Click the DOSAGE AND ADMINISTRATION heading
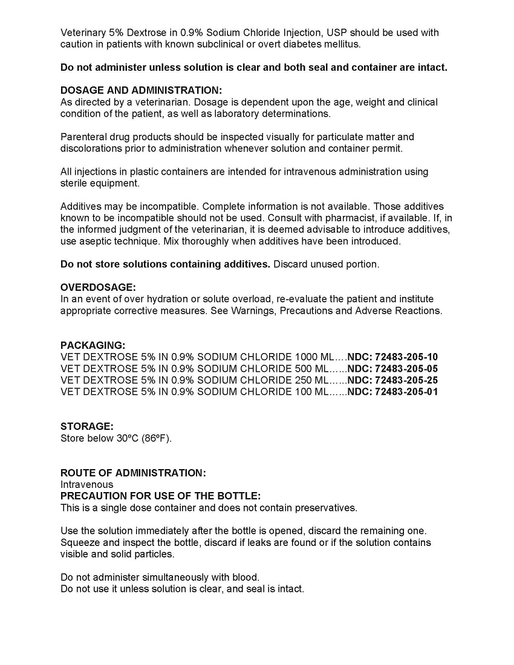click(x=141, y=91)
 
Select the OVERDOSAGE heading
click(x=98, y=287)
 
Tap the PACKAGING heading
click(x=93, y=345)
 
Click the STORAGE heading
click(x=86, y=427)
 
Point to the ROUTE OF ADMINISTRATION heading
click(x=133, y=473)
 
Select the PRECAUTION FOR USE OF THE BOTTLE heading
click(x=160, y=496)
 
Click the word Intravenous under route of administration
click(x=86, y=484)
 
